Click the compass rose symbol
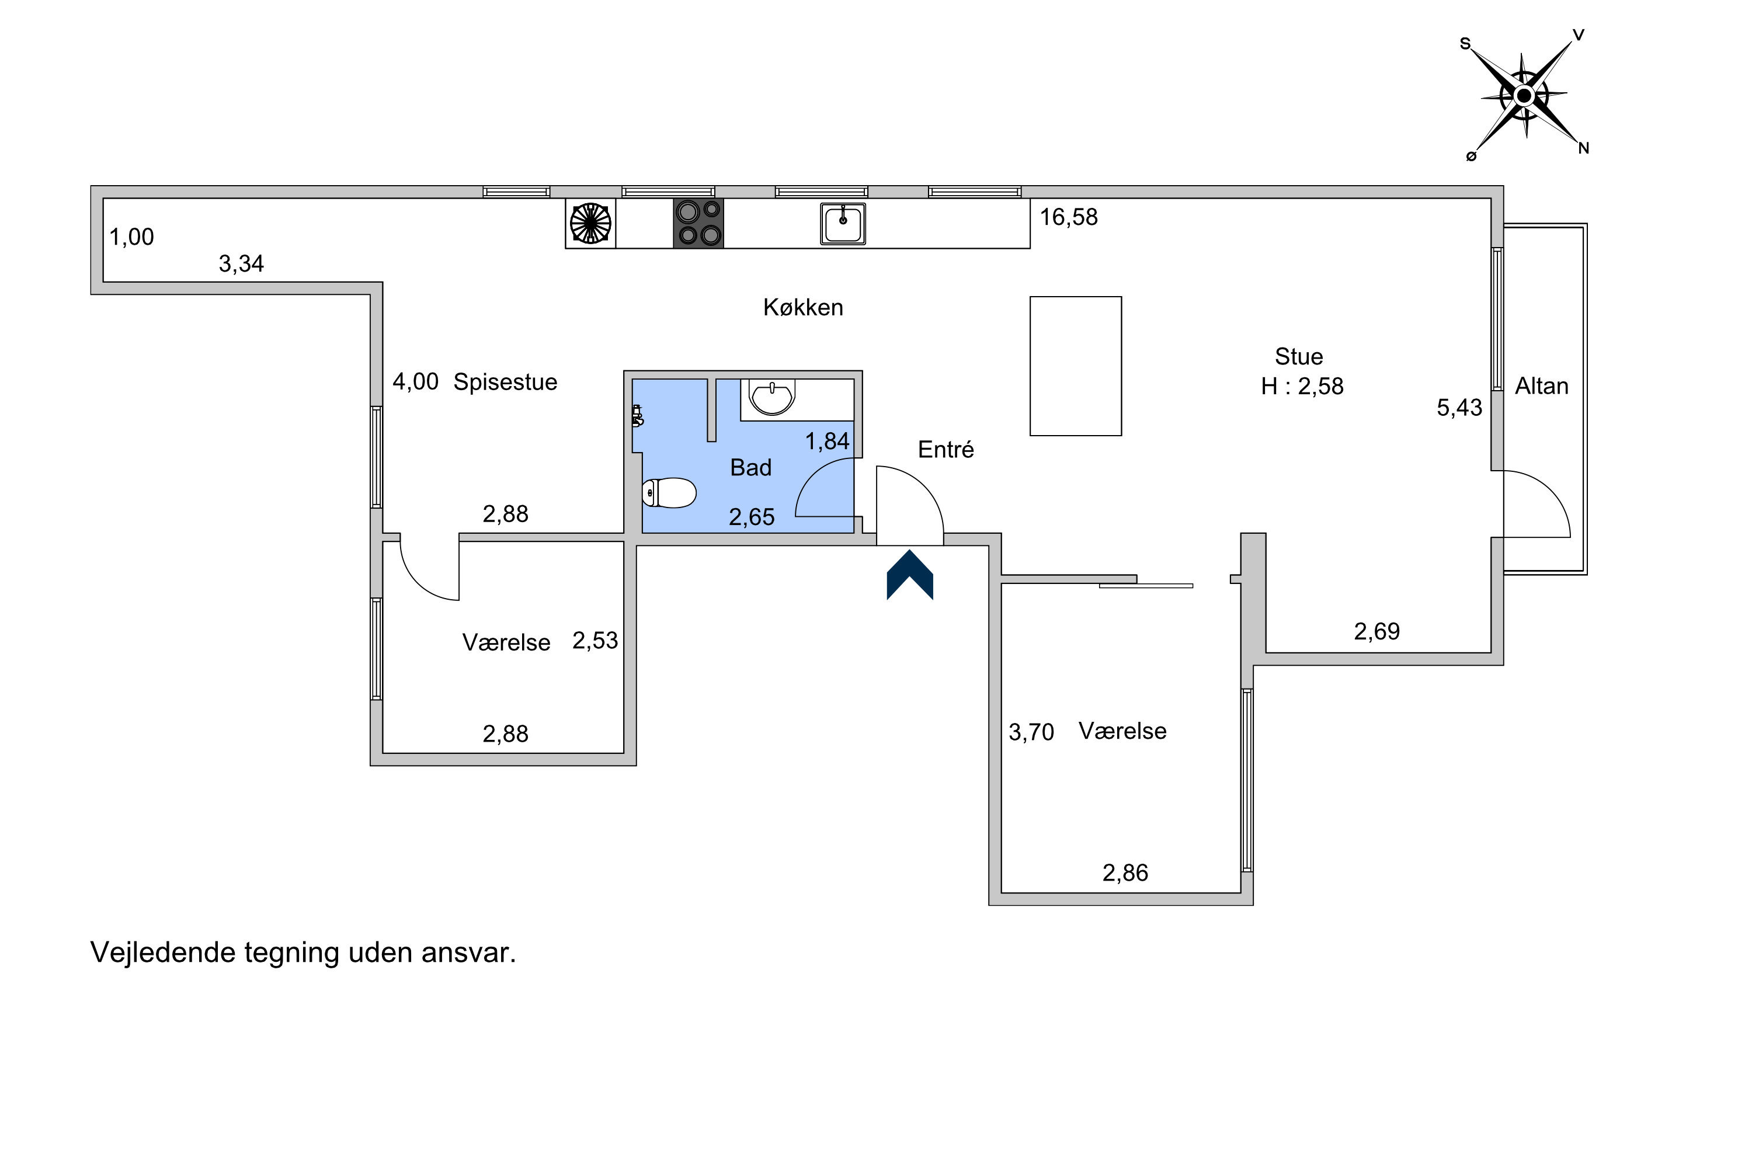coord(1524,95)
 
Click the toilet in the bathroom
coord(669,492)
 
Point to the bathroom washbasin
coord(773,397)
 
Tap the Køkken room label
coord(803,307)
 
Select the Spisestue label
coord(505,382)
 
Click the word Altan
coord(1541,386)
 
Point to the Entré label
coord(945,449)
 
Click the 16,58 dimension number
coord(1068,217)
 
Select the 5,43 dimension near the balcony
coord(1459,408)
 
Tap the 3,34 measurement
coord(241,264)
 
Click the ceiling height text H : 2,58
coord(1302,386)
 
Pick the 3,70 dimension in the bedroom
coord(1031,732)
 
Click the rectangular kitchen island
coord(1076,366)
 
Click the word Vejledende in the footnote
coord(162,953)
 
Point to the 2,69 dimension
coord(1376,632)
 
